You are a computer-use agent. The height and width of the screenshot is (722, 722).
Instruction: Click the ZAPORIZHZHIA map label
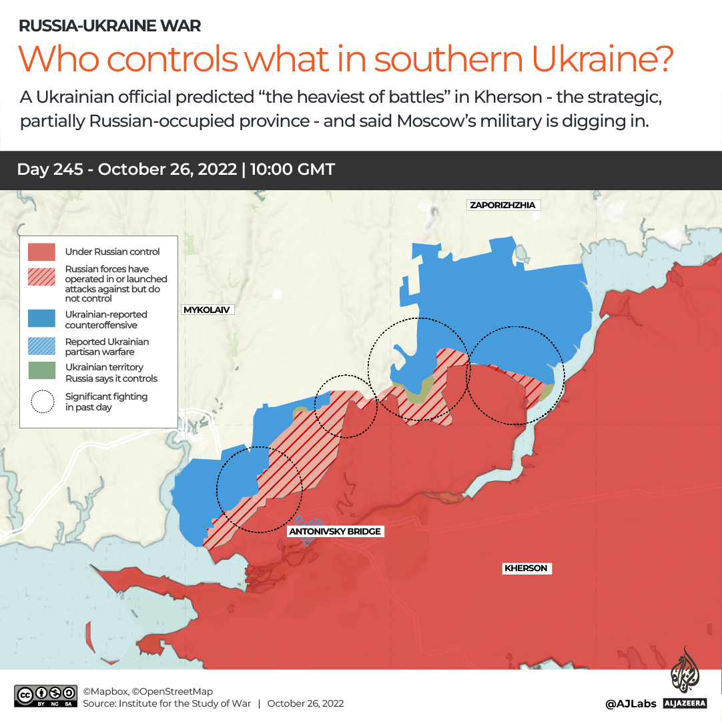click(x=502, y=205)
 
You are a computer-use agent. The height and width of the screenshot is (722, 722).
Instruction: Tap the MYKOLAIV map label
click(x=207, y=310)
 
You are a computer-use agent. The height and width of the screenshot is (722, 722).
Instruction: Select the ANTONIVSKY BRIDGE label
click(x=336, y=531)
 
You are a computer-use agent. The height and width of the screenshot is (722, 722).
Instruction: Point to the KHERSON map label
click(x=526, y=569)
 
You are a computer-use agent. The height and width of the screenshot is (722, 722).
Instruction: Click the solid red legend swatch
click(x=41, y=252)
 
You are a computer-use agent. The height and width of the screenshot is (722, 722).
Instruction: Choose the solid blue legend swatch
click(x=41, y=319)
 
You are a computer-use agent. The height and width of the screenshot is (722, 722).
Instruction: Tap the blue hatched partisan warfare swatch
click(x=41, y=346)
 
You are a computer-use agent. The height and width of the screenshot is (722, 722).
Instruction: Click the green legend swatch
click(x=41, y=372)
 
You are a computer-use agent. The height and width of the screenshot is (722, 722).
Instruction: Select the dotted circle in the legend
click(x=42, y=401)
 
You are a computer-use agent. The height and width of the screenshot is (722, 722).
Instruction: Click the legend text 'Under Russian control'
click(x=112, y=252)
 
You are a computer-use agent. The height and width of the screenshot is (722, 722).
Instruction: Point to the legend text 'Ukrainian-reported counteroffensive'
click(x=105, y=320)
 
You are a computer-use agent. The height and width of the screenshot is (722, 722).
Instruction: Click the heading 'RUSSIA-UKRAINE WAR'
click(x=109, y=26)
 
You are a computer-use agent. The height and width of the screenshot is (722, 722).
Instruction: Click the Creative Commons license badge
click(x=45, y=696)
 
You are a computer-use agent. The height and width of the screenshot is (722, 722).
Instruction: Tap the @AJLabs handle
click(x=631, y=703)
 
